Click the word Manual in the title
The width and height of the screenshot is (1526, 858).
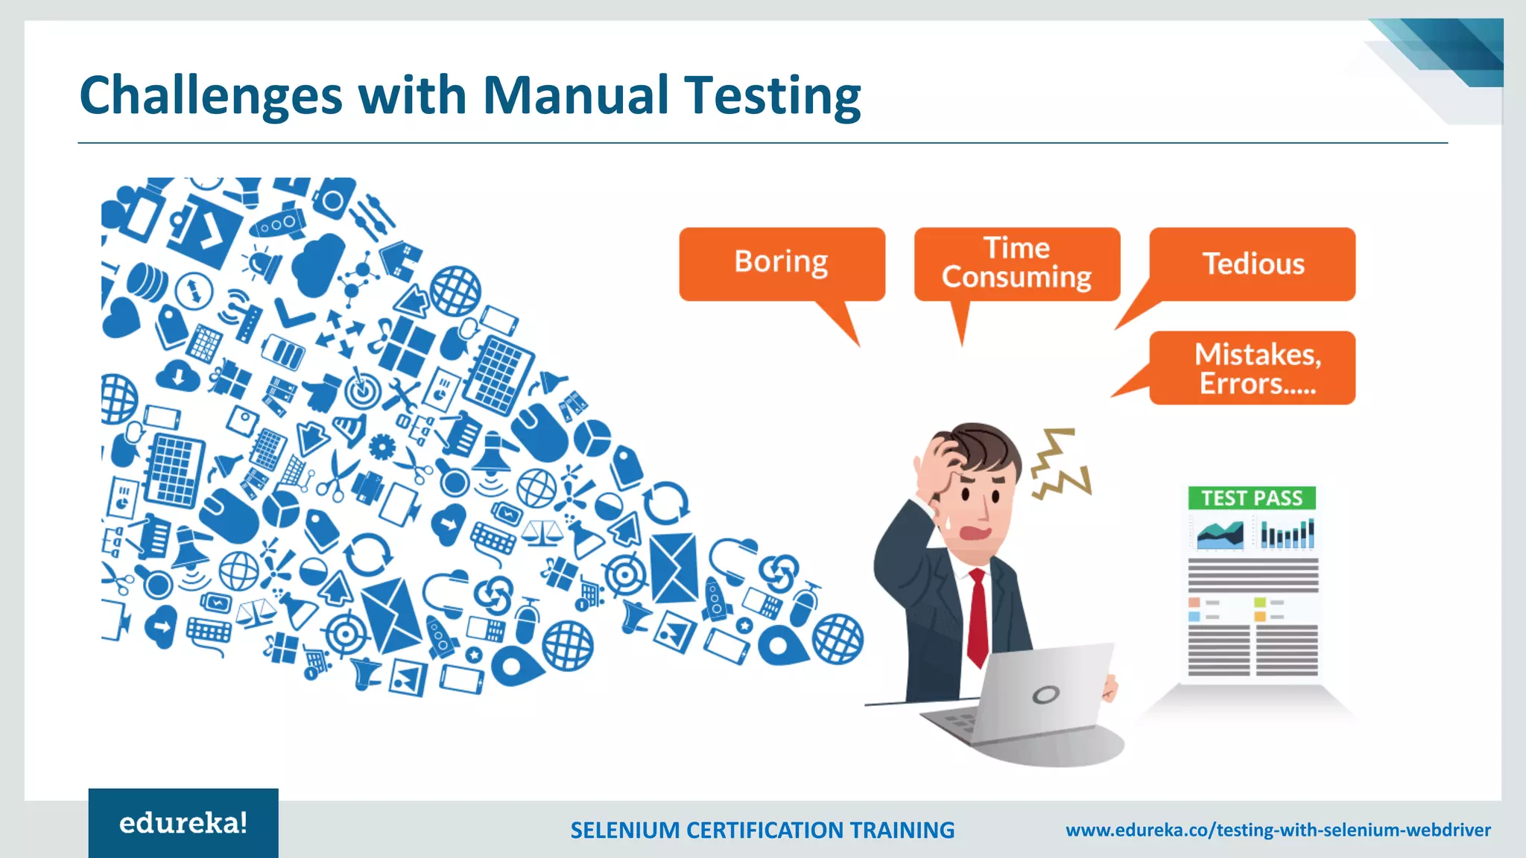(x=575, y=95)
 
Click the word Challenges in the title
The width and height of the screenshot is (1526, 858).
(x=211, y=97)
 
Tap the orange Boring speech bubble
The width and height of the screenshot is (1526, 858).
(x=782, y=263)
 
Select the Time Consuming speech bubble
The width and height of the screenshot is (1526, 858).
(x=1016, y=263)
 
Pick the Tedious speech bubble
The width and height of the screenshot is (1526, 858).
(x=1253, y=264)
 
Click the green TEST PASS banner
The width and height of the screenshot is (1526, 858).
(x=1252, y=498)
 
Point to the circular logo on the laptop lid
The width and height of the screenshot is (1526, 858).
(x=1045, y=695)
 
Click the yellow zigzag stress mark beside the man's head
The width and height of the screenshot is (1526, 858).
(x=1060, y=465)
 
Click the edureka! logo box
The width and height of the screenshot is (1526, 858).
(x=183, y=823)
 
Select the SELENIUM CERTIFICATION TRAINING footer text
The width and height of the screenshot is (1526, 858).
(x=762, y=830)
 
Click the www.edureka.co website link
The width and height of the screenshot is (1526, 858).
(x=1278, y=830)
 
